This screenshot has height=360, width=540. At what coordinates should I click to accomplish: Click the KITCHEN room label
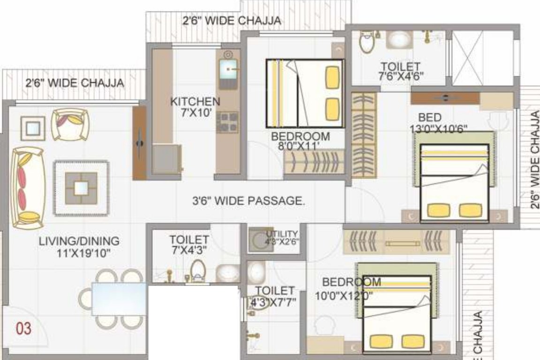[195, 101]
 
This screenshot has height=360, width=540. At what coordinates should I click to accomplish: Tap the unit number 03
[24, 328]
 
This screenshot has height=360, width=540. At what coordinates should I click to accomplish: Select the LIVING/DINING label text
[79, 241]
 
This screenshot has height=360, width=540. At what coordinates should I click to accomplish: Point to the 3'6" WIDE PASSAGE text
[249, 201]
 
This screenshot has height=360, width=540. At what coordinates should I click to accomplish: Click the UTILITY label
[282, 234]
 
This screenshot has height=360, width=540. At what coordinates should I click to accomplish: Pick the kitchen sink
[228, 71]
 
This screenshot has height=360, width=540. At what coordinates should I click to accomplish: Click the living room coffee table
[81, 187]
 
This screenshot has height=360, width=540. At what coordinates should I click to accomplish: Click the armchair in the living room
[70, 124]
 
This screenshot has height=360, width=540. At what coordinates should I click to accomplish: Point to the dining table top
[119, 299]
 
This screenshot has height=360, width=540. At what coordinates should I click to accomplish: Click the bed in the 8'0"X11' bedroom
[305, 93]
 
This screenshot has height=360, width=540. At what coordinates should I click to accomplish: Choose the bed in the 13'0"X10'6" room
[454, 182]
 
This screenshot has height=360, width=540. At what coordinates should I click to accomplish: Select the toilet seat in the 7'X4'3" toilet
[198, 271]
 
